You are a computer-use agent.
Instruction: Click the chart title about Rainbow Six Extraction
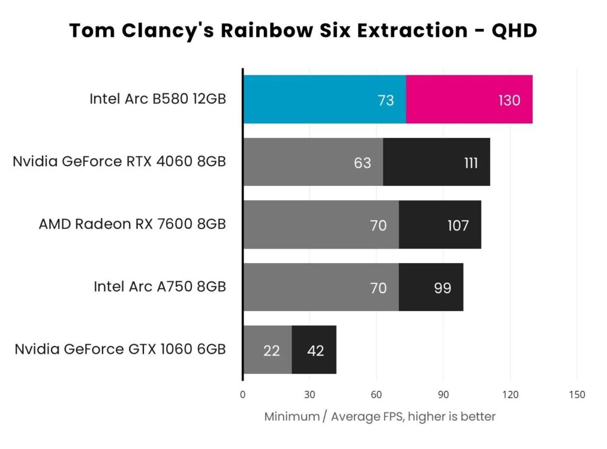(303, 30)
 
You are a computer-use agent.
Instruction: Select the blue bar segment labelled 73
(324, 100)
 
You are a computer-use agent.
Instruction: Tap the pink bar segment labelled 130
(469, 100)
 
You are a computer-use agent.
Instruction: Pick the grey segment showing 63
(313, 162)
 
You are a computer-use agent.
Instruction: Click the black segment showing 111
(436, 162)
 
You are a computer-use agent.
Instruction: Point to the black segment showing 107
(439, 225)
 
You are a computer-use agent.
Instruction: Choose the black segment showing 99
(431, 287)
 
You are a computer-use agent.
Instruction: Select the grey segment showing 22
(267, 350)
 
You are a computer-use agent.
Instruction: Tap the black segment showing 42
(314, 350)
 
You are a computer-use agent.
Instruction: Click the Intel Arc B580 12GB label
(158, 99)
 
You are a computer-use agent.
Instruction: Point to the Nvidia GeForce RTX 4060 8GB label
(119, 161)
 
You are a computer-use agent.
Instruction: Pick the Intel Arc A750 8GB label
(159, 287)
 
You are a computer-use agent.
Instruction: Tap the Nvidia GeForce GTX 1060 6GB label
(120, 349)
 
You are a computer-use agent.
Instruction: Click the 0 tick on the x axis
(242, 395)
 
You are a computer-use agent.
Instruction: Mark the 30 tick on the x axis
(309, 395)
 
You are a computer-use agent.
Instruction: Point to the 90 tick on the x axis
(443, 395)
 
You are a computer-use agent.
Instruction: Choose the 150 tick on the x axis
(576, 395)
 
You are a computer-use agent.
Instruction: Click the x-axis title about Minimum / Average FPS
(379, 416)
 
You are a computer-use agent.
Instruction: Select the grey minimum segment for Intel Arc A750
(321, 287)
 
